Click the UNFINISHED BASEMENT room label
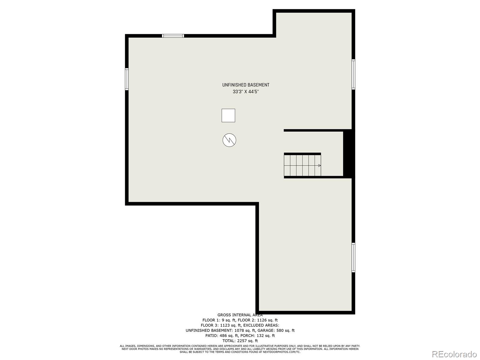[246, 85]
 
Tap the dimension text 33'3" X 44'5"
[246, 92]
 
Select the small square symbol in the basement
[228, 115]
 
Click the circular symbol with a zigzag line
[229, 140]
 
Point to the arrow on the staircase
[319, 166]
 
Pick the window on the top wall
[173, 36]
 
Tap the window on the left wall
[127, 79]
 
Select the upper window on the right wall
[353, 74]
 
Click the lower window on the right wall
[353, 257]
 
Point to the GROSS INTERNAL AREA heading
[240, 315]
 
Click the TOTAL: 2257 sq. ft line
[240, 341]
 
